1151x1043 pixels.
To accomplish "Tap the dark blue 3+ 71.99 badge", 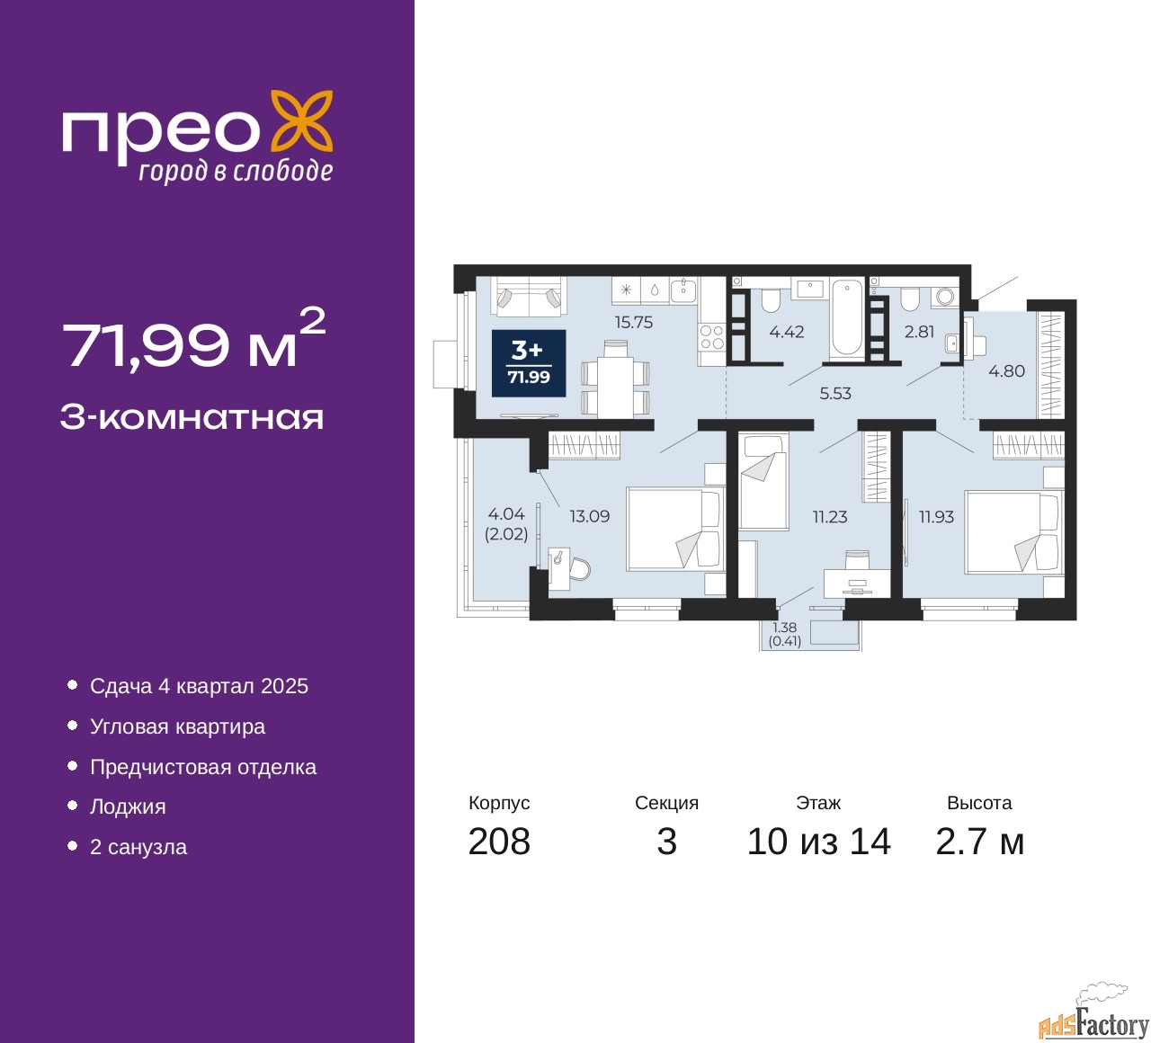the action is click(x=529, y=363).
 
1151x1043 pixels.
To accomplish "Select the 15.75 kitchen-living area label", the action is click(x=633, y=323).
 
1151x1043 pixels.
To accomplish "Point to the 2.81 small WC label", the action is click(x=919, y=332).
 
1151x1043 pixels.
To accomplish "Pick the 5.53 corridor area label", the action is click(x=834, y=394).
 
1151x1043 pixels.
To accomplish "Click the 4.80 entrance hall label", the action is click(x=1006, y=371).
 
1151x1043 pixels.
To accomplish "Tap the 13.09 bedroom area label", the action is click(x=589, y=516).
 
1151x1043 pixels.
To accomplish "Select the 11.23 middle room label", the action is click(x=830, y=517).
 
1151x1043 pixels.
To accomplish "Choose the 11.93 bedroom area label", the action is click(x=936, y=517).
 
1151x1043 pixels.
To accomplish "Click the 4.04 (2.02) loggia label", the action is click(x=506, y=524).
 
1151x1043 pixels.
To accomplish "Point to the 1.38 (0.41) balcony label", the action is click(x=784, y=634).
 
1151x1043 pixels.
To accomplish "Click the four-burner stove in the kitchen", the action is click(x=712, y=337).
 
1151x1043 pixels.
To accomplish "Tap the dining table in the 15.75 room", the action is click(x=615, y=388).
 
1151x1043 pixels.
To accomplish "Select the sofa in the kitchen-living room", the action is click(x=528, y=296).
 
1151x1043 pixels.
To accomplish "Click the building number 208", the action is click(x=499, y=842).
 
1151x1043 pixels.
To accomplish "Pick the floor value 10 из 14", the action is click(x=819, y=842).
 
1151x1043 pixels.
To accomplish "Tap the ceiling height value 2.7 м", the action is click(x=979, y=842).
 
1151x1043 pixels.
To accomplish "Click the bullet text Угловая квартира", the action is click(x=178, y=727).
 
